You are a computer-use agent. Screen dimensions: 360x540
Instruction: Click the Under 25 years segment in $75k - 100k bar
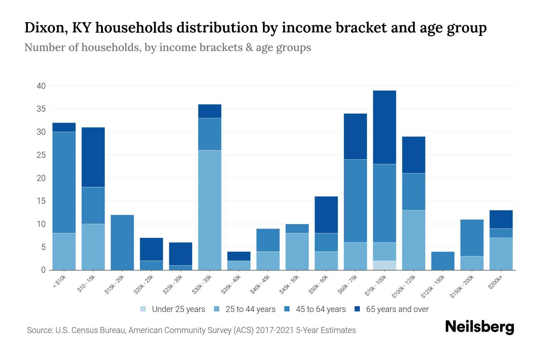point(384,265)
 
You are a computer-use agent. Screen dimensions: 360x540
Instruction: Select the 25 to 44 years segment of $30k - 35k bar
point(210,210)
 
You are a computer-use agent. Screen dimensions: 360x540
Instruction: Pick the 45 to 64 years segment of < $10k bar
point(64,182)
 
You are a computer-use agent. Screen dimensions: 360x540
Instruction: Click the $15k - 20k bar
point(122,242)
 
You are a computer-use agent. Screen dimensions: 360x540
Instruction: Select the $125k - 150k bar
point(442,261)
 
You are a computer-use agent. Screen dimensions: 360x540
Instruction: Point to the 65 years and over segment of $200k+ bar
point(501,219)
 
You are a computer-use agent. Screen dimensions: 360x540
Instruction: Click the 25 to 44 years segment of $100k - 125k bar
point(413,240)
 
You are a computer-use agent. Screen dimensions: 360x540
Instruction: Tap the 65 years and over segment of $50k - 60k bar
point(326,215)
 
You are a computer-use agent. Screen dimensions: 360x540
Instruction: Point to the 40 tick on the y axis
point(41,86)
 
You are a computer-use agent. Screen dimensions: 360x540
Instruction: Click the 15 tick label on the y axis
point(41,201)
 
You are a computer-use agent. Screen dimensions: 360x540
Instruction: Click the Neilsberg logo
point(479,327)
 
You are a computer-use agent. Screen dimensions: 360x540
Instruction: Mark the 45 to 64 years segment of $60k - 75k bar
point(355,201)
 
